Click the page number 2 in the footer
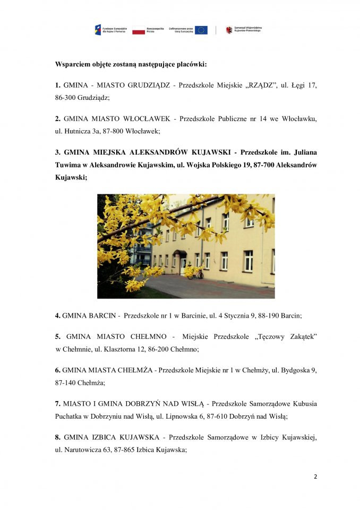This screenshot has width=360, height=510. (315, 476)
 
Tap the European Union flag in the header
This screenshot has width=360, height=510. (201, 30)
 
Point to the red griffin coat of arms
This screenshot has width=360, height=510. (229, 30)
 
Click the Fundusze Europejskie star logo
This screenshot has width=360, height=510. (98, 30)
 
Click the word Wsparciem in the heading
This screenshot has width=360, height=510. (73, 64)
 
